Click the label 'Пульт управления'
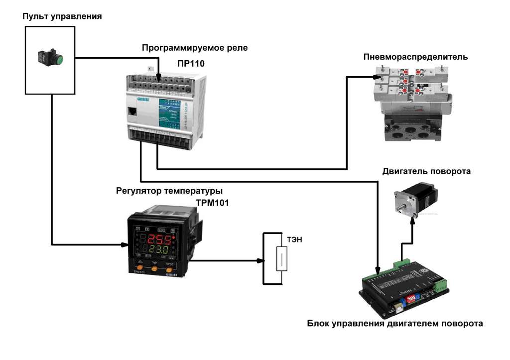point(62,16)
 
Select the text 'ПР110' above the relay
point(191,64)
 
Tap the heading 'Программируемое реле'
point(194,48)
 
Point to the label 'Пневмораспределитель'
point(415,57)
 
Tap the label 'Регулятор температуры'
point(169,191)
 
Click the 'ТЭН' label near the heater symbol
point(295,240)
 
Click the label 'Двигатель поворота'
point(426,171)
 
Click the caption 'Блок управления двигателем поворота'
point(394,324)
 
